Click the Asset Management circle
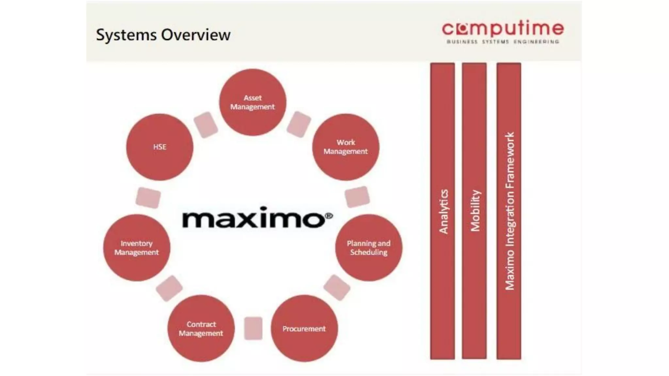click(253, 102)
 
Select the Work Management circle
click(346, 147)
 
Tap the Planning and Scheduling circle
click(368, 248)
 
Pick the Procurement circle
click(304, 328)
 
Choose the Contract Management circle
click(201, 328)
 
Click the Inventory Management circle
click(137, 248)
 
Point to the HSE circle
click(160, 147)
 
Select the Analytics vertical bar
click(443, 211)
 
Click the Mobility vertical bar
click(474, 211)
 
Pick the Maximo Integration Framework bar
click(509, 211)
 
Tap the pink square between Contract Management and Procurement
click(253, 328)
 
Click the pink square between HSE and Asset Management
click(206, 125)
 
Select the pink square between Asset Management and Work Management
click(299, 124)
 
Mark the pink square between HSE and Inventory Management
click(148, 197)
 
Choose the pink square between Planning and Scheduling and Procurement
click(337, 288)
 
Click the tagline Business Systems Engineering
click(503, 42)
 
